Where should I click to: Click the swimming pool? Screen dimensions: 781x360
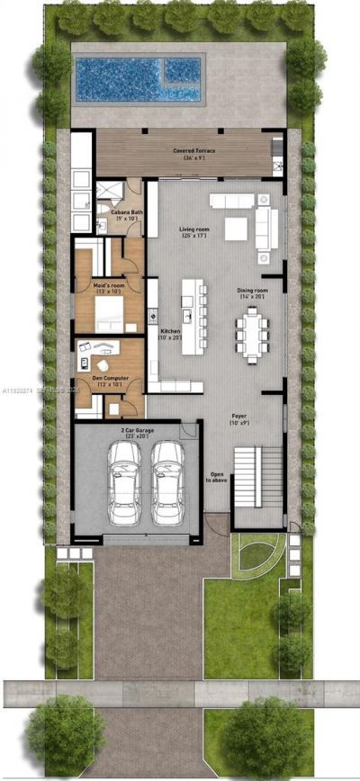point(140,79)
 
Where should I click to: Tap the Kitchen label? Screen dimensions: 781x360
point(170,334)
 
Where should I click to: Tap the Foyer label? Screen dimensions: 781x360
point(239,420)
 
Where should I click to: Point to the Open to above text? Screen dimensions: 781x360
point(217,477)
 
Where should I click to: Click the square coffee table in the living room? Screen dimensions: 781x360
point(236,229)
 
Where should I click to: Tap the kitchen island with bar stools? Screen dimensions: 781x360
point(192,315)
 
